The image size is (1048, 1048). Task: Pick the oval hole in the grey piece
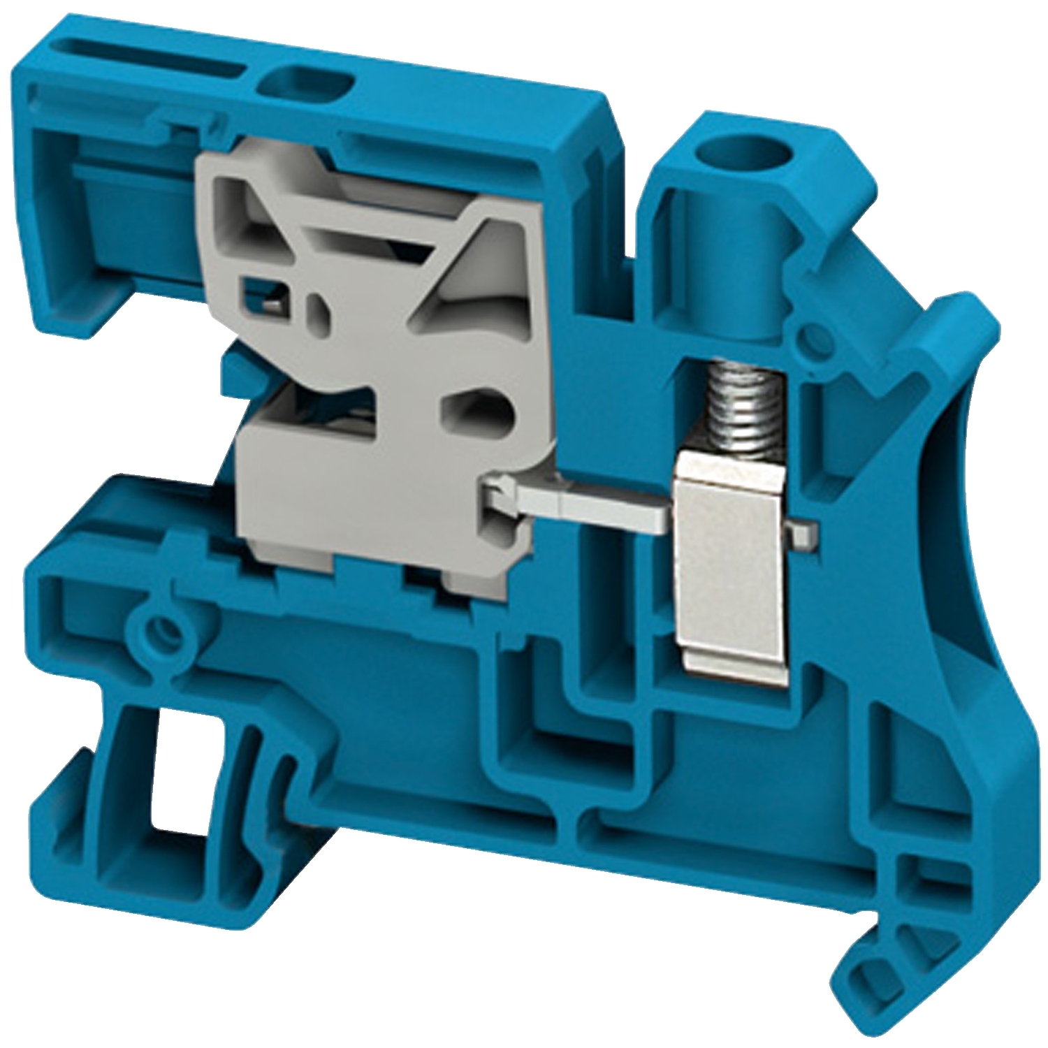tap(479, 412)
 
